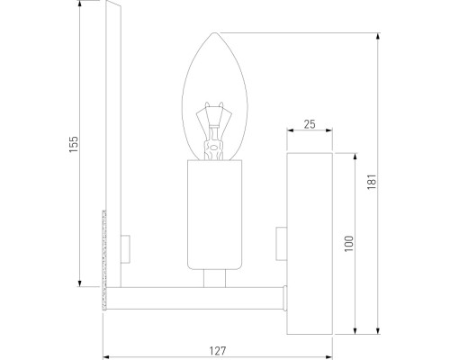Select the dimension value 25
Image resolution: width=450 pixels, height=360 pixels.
click(309, 124)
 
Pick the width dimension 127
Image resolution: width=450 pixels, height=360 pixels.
click(216, 348)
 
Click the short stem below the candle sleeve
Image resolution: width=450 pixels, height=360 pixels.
click(213, 279)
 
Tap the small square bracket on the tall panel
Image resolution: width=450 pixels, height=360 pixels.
click(125, 243)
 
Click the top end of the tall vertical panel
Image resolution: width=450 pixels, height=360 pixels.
click(112, 6)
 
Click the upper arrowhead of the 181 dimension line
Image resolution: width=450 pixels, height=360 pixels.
click(375, 37)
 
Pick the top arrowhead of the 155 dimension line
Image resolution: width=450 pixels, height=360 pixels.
click(82, 8)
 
